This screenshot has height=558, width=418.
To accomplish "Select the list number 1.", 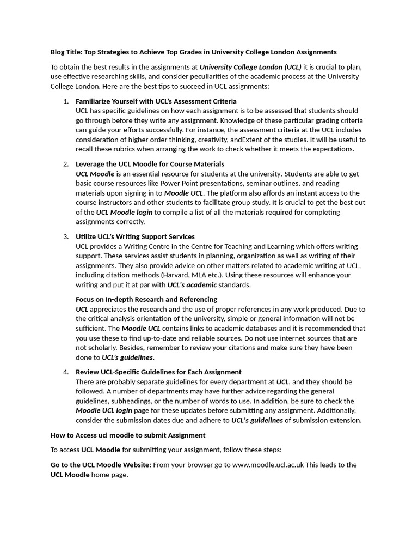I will pyautogui.click(x=65, y=101).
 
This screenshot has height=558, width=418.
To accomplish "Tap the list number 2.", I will pyautogui.click(x=65, y=164).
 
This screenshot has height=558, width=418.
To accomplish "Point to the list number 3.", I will pyautogui.click(x=65, y=236).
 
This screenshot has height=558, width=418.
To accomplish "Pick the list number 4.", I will pyautogui.click(x=65, y=372).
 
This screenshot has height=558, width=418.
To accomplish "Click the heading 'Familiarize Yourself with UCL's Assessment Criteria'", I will pyautogui.click(x=156, y=101).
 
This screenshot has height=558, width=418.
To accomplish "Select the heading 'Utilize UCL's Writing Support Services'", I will pyautogui.click(x=135, y=236).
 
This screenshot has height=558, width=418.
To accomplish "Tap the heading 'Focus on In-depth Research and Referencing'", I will pyautogui.click(x=146, y=299).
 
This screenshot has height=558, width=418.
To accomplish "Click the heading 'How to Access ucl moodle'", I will pyautogui.click(x=128, y=435).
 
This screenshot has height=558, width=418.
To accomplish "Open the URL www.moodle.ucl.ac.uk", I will pyautogui.click(x=268, y=465).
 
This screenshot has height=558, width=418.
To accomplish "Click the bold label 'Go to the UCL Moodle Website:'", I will pyautogui.click(x=101, y=465).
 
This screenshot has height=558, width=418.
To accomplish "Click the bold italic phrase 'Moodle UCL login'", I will pyautogui.click(x=103, y=411).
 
